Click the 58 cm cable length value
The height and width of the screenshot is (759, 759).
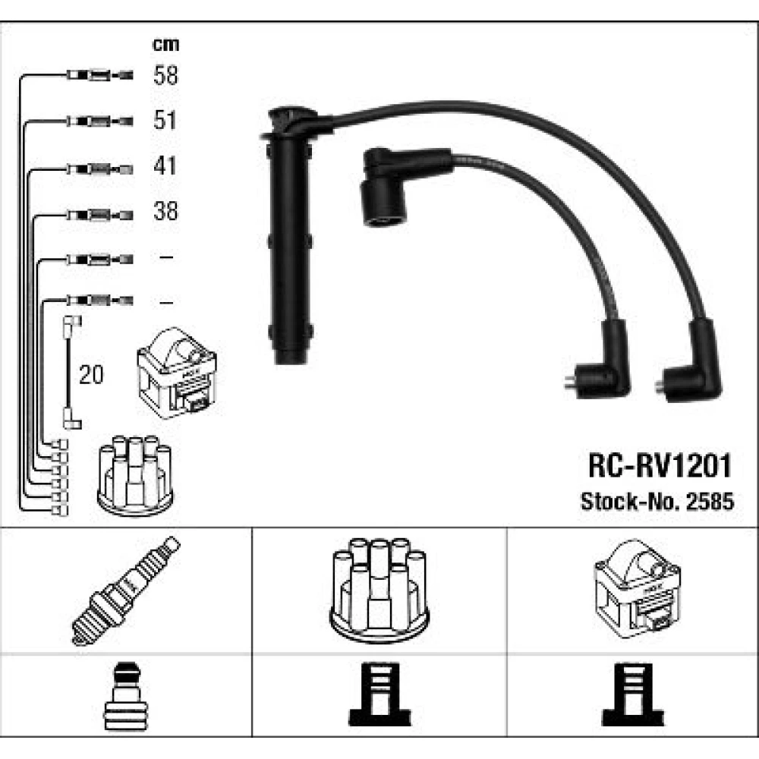pyautogui.click(x=165, y=75)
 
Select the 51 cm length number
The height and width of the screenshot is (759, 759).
pyautogui.click(x=165, y=120)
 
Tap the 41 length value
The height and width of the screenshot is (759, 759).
pyautogui.click(x=165, y=165)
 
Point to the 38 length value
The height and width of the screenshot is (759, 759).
pyautogui.click(x=165, y=211)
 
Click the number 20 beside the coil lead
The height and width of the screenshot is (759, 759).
pyautogui.click(x=91, y=375)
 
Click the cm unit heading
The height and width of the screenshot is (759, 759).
pyautogui.click(x=165, y=45)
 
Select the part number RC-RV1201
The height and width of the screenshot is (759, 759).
pyautogui.click(x=660, y=466)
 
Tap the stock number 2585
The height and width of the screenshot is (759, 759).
pyautogui.click(x=710, y=502)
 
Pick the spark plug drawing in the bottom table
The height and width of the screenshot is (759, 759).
pyautogui.click(x=125, y=591)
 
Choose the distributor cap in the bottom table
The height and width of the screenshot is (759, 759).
pyautogui.click(x=379, y=590)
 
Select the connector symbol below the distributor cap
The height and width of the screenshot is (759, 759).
pyautogui.click(x=380, y=694)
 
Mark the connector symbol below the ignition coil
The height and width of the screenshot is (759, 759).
pyautogui.click(x=633, y=694)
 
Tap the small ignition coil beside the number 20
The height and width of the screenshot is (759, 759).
pyautogui.click(x=177, y=373)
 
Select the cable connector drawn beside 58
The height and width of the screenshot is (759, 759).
pyautogui.click(x=99, y=75)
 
